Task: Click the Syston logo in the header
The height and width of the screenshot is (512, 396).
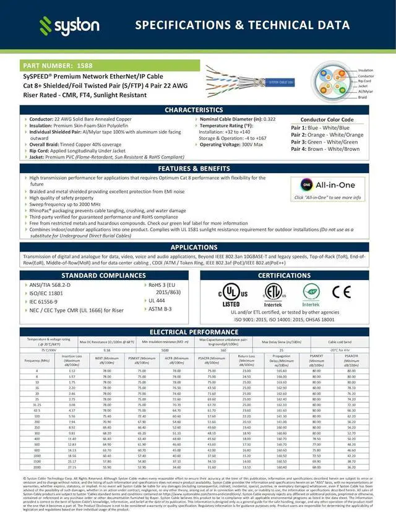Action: click(x=69, y=25)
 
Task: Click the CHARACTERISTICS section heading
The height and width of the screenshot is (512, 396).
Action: click(x=197, y=109)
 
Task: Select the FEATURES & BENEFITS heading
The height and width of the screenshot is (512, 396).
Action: click(x=197, y=168)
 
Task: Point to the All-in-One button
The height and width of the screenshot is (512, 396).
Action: click(x=327, y=185)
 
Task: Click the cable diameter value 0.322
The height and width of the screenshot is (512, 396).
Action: click(x=269, y=119)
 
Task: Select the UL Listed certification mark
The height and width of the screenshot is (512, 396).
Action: click(x=231, y=293)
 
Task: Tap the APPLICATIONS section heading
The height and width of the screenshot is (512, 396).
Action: click(x=197, y=247)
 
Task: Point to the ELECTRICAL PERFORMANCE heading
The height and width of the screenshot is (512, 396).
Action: click(x=197, y=332)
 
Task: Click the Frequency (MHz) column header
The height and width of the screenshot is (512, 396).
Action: click(x=37, y=360)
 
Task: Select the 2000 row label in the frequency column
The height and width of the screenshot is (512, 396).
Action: click(x=37, y=467)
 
